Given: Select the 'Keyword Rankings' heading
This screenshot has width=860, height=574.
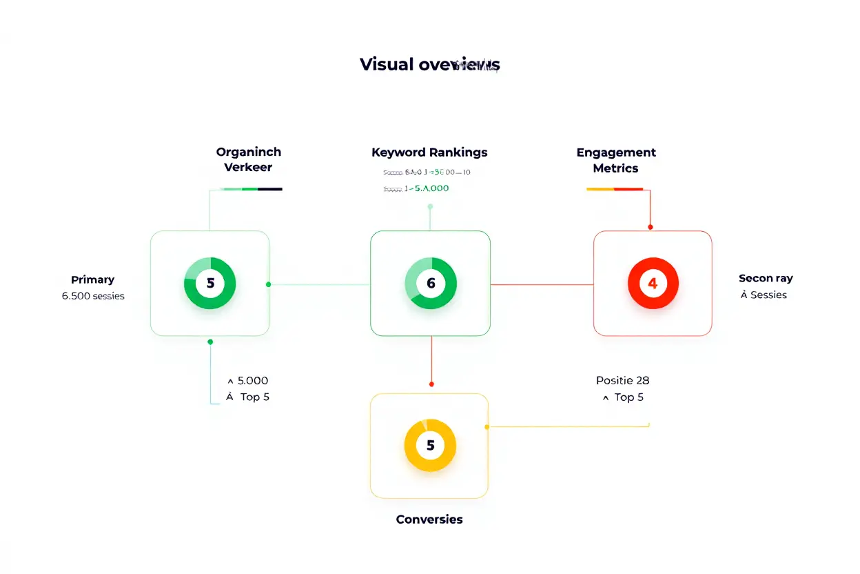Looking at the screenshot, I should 429,152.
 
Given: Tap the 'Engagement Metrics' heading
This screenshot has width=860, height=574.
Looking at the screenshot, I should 616,160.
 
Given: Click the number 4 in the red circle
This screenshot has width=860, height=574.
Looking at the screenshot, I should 653,284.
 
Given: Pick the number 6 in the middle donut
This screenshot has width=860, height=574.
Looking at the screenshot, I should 431,284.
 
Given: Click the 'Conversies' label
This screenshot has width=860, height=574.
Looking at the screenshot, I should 429,519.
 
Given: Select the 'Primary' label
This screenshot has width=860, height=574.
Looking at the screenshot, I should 92,279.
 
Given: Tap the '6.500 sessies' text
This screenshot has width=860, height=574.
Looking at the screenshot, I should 93,296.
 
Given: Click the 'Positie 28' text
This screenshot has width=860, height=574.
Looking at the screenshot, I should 622,380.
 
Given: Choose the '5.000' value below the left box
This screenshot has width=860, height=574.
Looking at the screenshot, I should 253,380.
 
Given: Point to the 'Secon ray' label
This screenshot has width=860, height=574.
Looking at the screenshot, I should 766,279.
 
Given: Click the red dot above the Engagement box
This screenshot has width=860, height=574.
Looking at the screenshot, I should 650,226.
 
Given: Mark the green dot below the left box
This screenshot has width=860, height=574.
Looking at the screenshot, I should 210,342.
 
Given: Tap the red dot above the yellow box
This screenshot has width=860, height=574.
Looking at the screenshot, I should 431,384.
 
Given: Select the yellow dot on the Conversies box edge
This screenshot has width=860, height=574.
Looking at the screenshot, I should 487,427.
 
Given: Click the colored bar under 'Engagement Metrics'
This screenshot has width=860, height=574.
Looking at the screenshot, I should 614,188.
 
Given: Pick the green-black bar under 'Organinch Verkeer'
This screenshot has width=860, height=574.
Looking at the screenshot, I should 252,188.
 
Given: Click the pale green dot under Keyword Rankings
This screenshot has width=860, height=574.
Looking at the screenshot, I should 430,206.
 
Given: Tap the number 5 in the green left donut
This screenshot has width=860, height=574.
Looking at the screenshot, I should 210,283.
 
